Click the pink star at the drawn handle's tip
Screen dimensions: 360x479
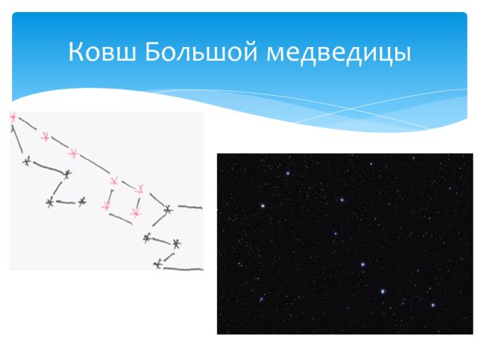click(13, 118)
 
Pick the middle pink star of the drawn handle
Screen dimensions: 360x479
click(45, 137)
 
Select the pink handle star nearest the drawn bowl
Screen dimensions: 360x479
click(73, 152)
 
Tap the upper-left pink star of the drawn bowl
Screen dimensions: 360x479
click(113, 181)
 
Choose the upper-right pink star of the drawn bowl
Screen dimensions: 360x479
click(140, 189)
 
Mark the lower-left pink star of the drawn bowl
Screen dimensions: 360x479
click(105, 207)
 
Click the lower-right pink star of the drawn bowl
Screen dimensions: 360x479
click(135, 214)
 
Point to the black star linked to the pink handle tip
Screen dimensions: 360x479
click(27, 162)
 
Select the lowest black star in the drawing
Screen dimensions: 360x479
click(158, 263)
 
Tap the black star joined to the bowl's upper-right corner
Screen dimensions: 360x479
click(168, 211)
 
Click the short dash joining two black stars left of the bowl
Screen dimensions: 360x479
click(66, 202)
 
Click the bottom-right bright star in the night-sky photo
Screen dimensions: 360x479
click(433, 304)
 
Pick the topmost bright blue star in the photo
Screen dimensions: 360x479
click(287, 173)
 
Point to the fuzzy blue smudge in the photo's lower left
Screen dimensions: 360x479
click(260, 300)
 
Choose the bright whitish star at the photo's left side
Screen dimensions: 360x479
click(262, 206)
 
